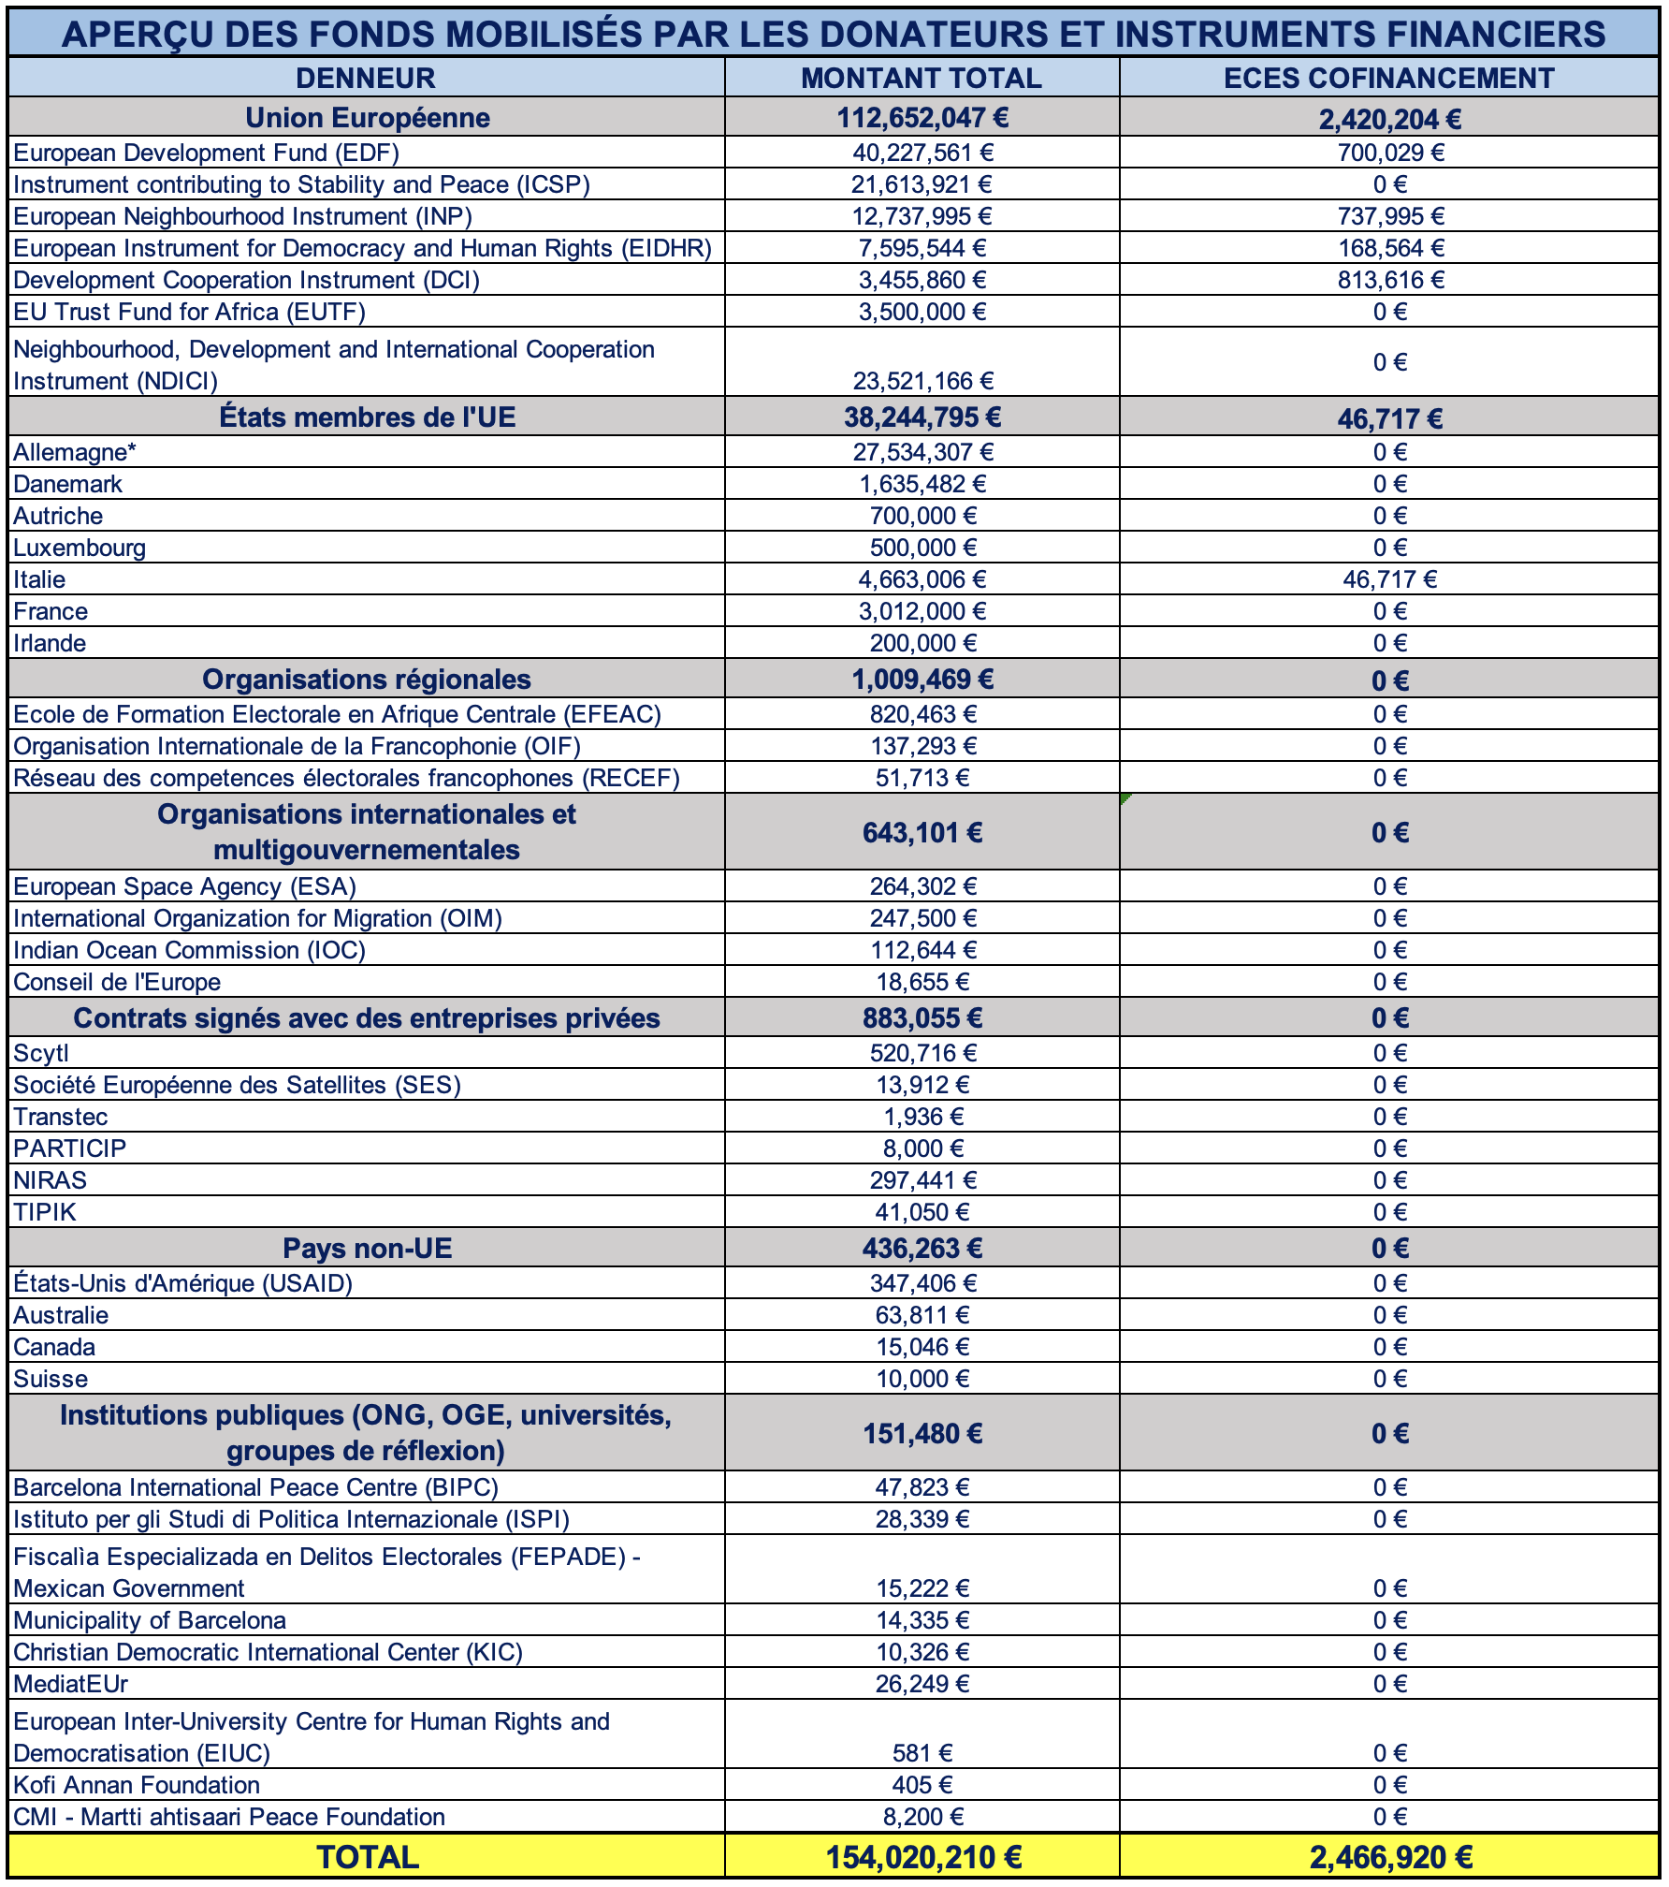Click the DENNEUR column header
tap(366, 78)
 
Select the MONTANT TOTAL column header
tap(922, 78)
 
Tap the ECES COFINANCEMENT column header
tap(1389, 78)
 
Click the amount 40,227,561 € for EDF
tap(922, 153)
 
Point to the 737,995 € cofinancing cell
tap(1390, 216)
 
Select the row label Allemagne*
tap(75, 452)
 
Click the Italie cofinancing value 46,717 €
tap(1389, 579)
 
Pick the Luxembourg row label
tap(80, 548)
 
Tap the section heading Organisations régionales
tap(366, 680)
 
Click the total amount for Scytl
tap(922, 1053)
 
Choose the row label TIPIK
tap(45, 1212)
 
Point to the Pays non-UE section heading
tap(367, 1249)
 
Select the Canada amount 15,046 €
tap(922, 1347)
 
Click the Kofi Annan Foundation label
tap(137, 1785)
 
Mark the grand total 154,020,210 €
tap(922, 1857)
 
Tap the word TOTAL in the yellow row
tap(367, 1857)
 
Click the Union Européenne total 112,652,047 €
tap(922, 118)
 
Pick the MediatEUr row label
tap(70, 1684)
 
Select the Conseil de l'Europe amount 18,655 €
tap(922, 982)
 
